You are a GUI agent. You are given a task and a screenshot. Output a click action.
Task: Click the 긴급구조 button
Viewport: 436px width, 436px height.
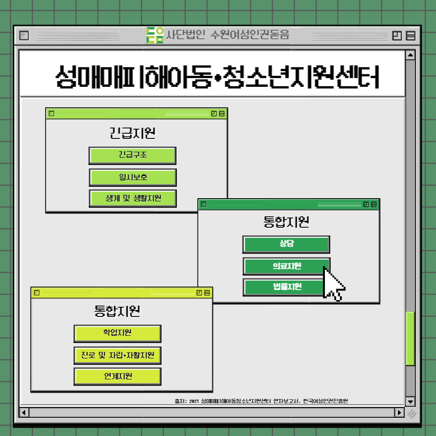(x=132, y=155)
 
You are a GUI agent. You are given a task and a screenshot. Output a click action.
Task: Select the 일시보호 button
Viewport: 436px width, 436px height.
(x=132, y=177)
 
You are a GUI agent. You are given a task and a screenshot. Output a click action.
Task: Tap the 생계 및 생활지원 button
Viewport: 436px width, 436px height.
(x=132, y=199)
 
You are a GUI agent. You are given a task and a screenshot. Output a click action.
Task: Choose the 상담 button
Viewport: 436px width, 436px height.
(x=286, y=244)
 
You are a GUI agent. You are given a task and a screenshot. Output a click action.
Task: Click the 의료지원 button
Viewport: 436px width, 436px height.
(x=286, y=266)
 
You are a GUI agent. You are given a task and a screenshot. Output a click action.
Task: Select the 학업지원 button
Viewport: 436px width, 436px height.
(x=117, y=333)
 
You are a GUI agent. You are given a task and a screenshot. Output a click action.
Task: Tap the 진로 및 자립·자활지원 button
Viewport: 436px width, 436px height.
(x=117, y=356)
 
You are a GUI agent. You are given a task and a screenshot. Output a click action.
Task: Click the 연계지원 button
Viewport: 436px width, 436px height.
(x=117, y=376)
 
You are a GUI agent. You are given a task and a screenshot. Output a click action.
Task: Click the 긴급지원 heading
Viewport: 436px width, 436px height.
(x=132, y=133)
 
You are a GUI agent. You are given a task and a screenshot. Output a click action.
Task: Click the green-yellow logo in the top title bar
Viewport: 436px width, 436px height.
(x=155, y=35)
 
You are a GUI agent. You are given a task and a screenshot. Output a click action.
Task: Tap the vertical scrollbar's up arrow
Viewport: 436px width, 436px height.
(x=410, y=55)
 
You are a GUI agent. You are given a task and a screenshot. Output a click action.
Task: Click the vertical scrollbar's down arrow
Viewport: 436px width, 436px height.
(x=410, y=401)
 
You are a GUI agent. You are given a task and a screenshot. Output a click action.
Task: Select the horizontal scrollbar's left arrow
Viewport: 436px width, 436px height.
(x=24, y=413)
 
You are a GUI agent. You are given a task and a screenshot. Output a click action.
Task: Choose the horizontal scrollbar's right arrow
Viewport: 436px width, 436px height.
(x=399, y=413)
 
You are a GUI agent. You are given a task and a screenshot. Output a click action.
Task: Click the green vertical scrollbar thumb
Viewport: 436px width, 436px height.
(x=410, y=338)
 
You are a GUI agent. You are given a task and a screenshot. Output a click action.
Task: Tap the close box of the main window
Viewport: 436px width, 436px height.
(x=25, y=36)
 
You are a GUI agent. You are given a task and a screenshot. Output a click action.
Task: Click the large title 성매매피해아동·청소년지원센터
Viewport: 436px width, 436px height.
(x=218, y=75)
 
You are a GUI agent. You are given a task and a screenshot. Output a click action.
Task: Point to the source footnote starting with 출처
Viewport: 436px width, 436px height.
(x=261, y=401)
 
